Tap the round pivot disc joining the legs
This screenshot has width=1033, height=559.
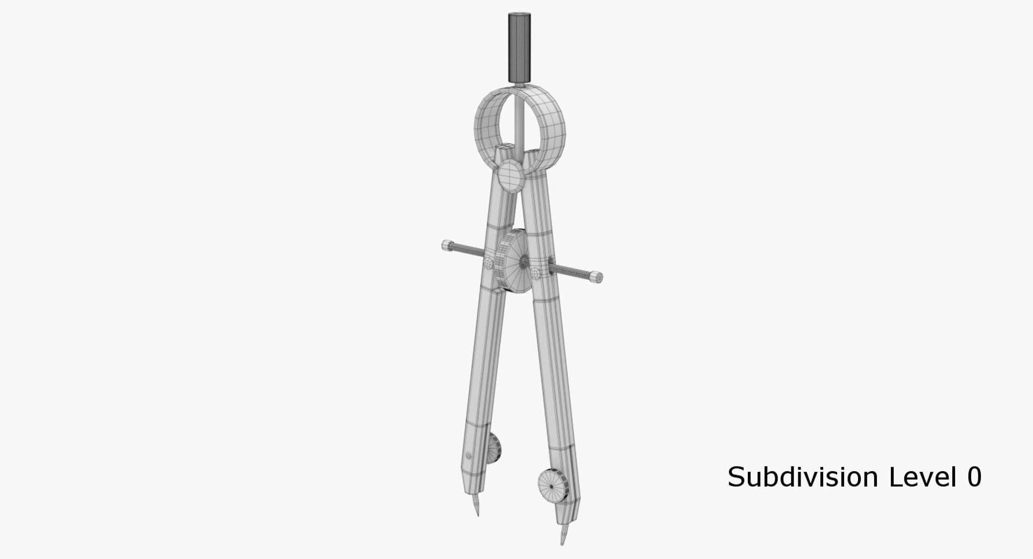(511, 176)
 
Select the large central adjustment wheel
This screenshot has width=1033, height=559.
(510, 260)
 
